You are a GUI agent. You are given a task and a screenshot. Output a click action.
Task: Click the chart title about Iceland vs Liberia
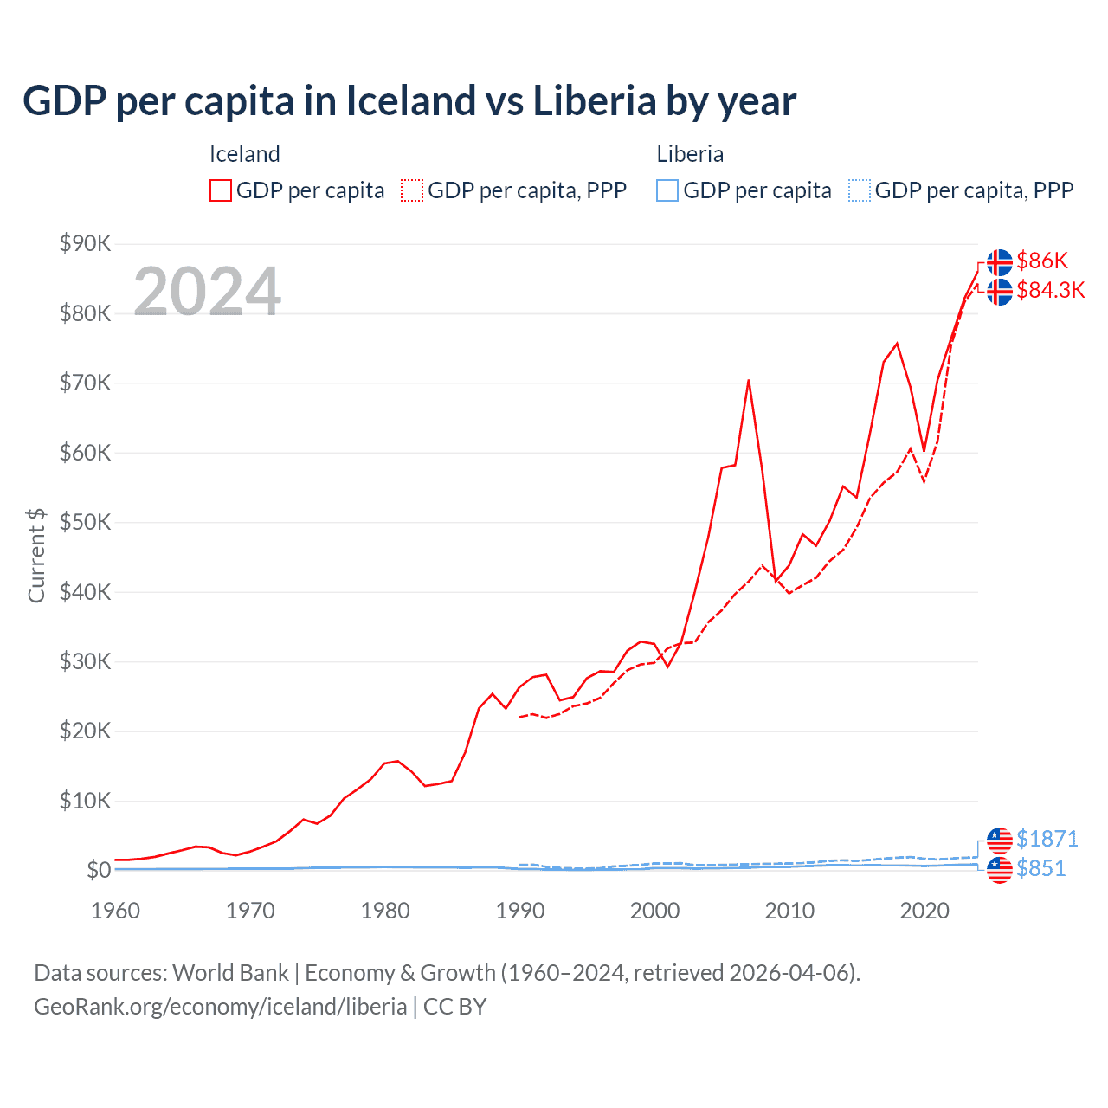click(409, 101)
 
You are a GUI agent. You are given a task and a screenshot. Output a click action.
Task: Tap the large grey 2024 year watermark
click(207, 292)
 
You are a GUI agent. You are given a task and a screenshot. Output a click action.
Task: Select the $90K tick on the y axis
click(85, 243)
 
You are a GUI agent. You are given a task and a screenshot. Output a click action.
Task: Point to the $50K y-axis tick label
click(85, 522)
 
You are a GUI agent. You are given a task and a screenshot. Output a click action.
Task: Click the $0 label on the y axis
click(99, 870)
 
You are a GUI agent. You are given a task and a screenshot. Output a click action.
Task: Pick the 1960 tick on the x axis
click(115, 911)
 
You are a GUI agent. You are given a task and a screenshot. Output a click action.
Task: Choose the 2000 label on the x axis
click(655, 911)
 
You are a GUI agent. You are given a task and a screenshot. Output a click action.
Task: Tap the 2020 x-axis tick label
click(924, 911)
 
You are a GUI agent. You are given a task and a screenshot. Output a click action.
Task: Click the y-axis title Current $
click(36, 556)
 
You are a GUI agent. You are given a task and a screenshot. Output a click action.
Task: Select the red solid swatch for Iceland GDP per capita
click(221, 190)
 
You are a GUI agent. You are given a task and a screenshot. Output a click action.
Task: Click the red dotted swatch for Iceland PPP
click(412, 190)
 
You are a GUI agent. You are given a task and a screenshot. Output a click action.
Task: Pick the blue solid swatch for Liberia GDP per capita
click(667, 190)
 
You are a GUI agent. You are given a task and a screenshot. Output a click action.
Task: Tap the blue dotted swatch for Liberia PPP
click(860, 190)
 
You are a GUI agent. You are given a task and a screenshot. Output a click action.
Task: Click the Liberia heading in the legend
click(690, 154)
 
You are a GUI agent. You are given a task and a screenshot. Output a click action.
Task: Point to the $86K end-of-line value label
click(1042, 261)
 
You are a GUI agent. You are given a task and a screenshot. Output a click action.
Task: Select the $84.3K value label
click(1050, 290)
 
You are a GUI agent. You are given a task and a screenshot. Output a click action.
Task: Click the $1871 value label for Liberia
click(1047, 839)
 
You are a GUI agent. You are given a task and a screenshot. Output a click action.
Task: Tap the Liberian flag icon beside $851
click(1000, 869)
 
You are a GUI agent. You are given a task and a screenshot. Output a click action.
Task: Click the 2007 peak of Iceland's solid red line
click(748, 380)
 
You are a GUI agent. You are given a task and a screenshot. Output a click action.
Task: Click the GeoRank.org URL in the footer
click(221, 1007)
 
